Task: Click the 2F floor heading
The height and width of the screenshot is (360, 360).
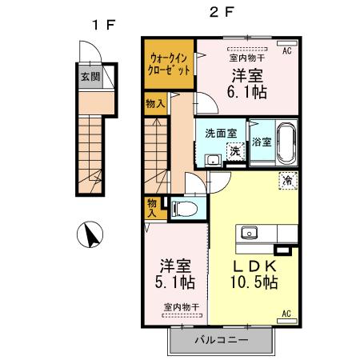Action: tap(222, 14)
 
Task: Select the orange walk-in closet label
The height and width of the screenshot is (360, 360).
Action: tap(169, 62)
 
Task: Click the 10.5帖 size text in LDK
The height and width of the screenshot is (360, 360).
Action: tap(256, 282)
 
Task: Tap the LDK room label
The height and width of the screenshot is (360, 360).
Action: tap(254, 266)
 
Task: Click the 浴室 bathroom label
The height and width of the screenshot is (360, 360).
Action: tap(261, 143)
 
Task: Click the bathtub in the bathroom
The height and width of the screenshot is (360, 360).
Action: tap(286, 142)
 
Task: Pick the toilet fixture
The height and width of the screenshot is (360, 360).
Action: tap(183, 209)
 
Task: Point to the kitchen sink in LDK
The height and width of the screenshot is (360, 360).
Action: tap(249, 234)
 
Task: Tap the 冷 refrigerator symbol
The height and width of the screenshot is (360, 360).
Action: tap(286, 181)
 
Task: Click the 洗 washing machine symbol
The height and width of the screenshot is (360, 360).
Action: tap(235, 150)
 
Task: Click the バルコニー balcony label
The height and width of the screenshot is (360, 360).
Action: tap(221, 340)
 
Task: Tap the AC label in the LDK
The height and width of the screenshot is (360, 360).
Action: tap(286, 314)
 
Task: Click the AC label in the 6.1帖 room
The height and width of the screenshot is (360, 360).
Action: tap(286, 50)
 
